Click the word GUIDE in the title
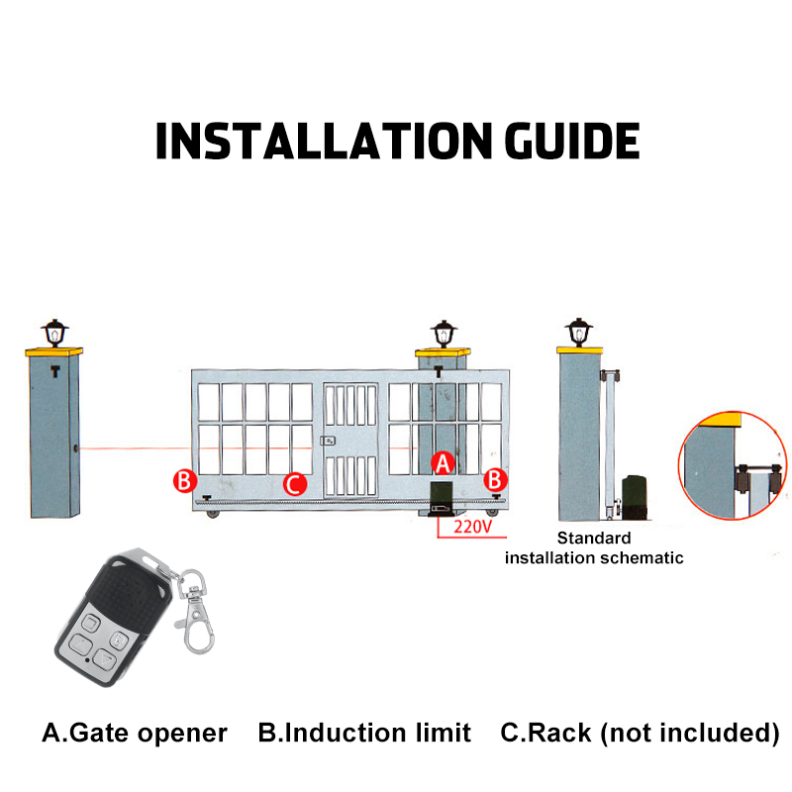572,141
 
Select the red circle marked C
294,484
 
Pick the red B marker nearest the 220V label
497,480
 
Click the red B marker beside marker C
183,481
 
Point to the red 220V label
472,527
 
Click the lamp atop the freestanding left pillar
53,332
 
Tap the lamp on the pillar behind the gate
443,334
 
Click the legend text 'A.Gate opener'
135,734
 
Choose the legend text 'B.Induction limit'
364,734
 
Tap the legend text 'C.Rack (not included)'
640,734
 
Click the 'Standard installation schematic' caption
594,547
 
